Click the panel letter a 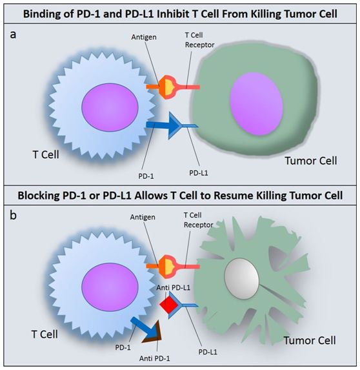click(13, 35)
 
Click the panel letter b click(13, 215)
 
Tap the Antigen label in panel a click(144, 37)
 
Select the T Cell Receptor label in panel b click(198, 220)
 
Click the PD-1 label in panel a click(146, 176)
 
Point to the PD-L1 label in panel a click(199, 173)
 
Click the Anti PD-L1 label click(174, 287)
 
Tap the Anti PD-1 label click(154, 358)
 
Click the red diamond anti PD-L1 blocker click(169, 305)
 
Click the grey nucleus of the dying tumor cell click(242, 279)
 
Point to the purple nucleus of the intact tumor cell click(256, 104)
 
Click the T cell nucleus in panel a click(110, 107)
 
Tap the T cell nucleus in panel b click(110, 287)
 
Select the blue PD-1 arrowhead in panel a click(174, 125)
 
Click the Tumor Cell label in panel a click(311, 161)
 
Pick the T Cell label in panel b click(45, 334)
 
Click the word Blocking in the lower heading click(39, 196)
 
